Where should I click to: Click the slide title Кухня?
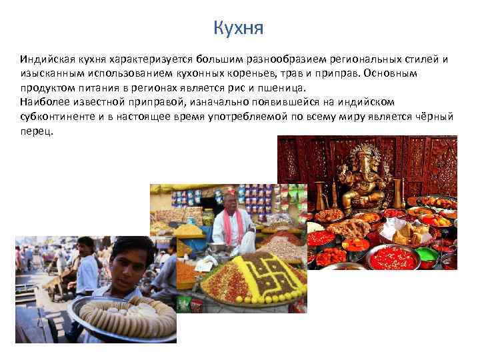click(239, 28)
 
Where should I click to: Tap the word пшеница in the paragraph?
click(283, 87)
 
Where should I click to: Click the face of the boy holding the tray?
click(127, 264)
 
